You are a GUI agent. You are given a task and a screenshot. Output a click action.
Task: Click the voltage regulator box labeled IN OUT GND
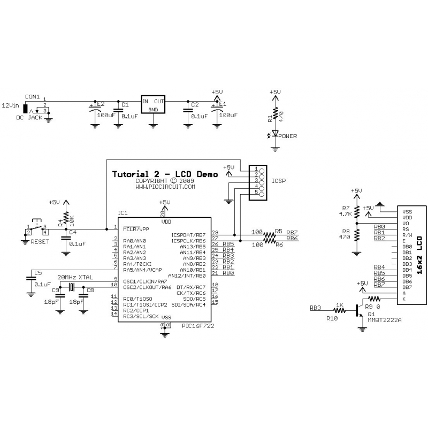click(153, 105)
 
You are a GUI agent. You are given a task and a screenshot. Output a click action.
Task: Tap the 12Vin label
click(11, 105)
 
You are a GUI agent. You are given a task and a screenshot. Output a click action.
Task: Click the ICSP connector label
click(279, 181)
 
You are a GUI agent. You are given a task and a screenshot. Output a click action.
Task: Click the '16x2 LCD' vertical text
click(419, 256)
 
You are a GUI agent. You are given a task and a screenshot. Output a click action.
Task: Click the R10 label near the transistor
click(332, 318)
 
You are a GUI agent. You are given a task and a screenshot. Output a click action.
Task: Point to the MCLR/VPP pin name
click(135, 229)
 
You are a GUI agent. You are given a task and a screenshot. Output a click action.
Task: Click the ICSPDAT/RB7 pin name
click(188, 234)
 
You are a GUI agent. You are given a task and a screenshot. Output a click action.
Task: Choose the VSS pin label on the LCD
click(407, 212)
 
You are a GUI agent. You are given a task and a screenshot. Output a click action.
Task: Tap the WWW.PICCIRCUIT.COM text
click(165, 187)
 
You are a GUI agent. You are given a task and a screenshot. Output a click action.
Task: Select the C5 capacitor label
click(37, 273)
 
